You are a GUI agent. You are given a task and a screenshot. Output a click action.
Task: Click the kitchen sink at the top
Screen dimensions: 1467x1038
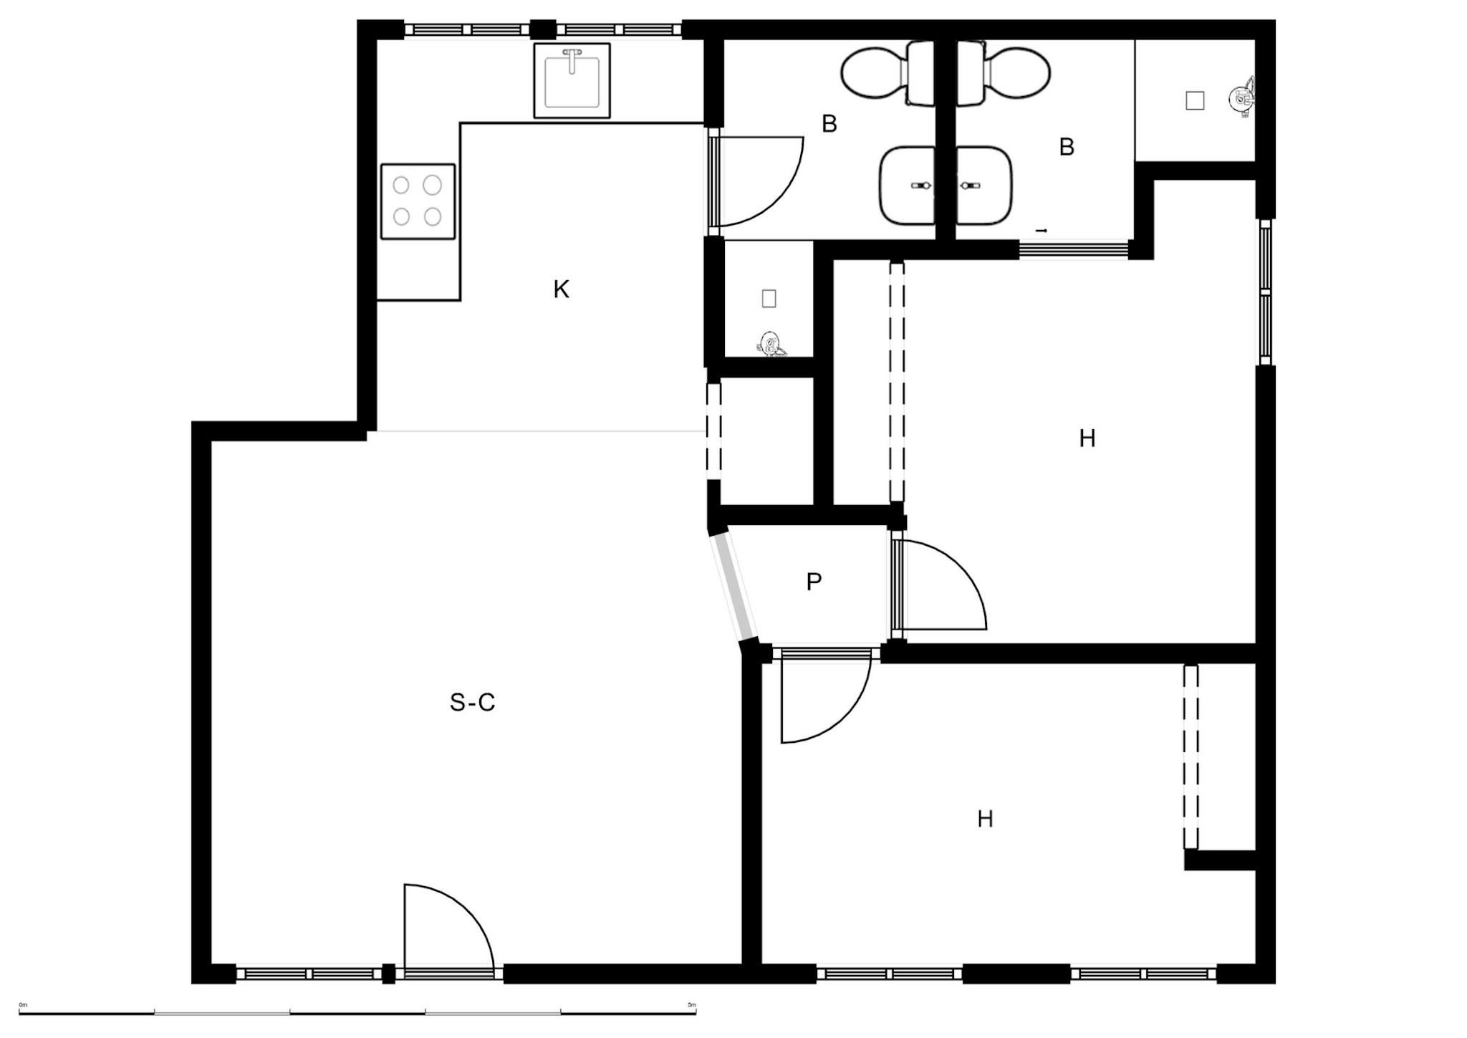pyautogui.click(x=572, y=80)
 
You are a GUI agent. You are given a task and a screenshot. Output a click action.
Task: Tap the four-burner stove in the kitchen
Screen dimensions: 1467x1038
pyautogui.click(x=418, y=201)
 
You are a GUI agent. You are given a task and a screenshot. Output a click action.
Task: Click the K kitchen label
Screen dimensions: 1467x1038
pyautogui.click(x=562, y=289)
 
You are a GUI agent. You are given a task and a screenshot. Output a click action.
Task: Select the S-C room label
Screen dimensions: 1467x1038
pyautogui.click(x=472, y=703)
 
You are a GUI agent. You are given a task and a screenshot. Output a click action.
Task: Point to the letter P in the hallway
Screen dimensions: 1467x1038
pyautogui.click(x=814, y=582)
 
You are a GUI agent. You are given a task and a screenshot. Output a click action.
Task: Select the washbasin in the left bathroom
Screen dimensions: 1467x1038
pyautogui.click(x=908, y=186)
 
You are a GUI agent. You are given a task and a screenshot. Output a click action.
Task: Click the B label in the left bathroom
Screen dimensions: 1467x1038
pyautogui.click(x=829, y=124)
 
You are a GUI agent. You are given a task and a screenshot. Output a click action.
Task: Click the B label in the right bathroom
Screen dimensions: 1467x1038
pyautogui.click(x=1067, y=147)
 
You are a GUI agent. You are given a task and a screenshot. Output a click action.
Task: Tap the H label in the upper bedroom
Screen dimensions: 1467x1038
pyautogui.click(x=1087, y=438)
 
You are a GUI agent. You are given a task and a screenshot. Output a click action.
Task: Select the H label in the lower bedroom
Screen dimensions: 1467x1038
pyautogui.click(x=986, y=819)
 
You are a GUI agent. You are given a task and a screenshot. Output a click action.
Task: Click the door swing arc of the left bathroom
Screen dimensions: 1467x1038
pyautogui.click(x=779, y=201)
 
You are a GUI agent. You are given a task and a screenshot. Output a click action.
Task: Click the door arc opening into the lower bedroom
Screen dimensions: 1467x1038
pyautogui.click(x=845, y=719)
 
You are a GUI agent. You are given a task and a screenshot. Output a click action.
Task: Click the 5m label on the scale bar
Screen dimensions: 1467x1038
pyautogui.click(x=691, y=1005)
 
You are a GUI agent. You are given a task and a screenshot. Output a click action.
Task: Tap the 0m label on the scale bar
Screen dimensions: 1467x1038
pyautogui.click(x=23, y=1005)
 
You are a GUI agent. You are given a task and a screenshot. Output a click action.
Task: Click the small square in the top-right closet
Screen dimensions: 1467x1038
pyautogui.click(x=1195, y=101)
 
